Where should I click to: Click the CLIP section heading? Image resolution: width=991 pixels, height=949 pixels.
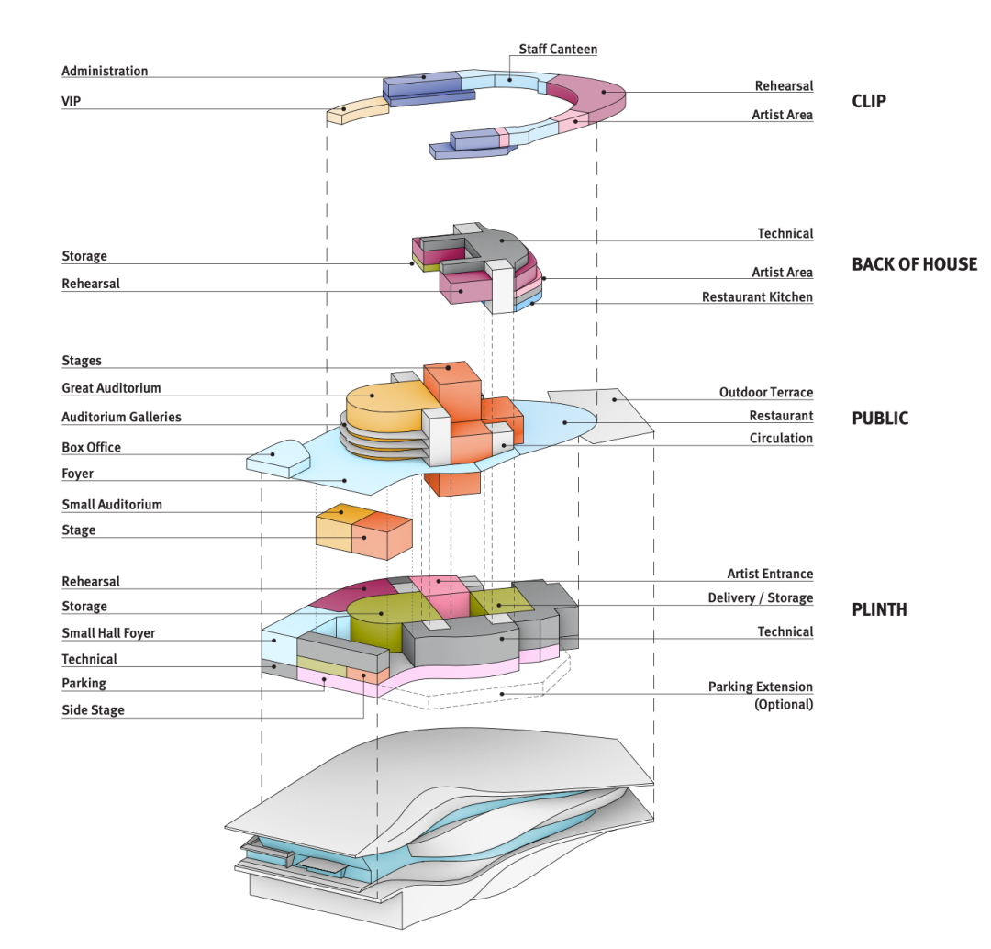869,101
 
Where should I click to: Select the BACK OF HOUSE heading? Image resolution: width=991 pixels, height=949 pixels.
914,264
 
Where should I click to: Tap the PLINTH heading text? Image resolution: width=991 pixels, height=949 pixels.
879,609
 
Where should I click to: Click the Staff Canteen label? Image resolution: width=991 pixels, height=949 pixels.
558,49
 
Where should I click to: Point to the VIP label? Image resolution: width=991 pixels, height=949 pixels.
72,101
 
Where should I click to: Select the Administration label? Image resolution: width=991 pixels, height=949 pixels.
105,71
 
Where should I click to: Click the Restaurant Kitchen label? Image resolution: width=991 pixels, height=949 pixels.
757,297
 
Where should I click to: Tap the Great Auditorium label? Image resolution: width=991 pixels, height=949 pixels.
111,388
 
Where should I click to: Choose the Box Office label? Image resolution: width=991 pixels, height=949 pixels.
92,447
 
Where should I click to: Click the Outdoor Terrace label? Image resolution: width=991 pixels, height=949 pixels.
765,392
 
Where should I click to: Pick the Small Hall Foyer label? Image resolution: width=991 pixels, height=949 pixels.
108,632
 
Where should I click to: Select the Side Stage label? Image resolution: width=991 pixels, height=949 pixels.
93,709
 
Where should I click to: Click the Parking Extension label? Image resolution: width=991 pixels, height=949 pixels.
760,687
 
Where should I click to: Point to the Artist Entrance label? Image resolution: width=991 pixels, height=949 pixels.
770,574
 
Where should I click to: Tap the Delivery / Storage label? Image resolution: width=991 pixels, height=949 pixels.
760,597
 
